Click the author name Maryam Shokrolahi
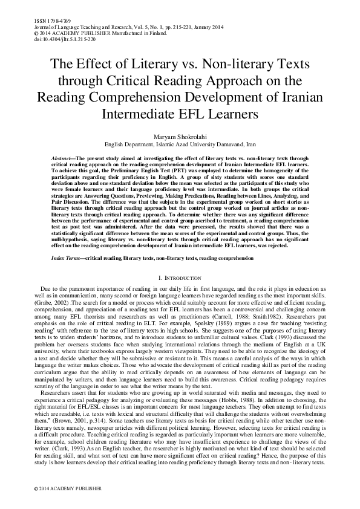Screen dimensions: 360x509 180,137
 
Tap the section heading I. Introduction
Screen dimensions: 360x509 180,277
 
